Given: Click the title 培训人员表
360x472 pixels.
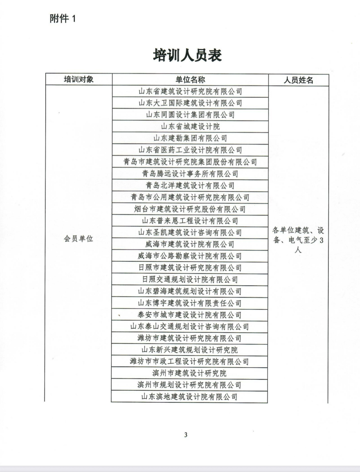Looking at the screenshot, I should click(x=187, y=56).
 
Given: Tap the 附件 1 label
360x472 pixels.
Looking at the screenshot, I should click(x=62, y=19).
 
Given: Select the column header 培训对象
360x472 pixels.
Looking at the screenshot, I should click(x=79, y=79).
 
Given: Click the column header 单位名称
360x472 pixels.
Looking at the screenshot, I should click(x=190, y=80).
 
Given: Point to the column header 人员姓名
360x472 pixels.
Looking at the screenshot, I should click(x=298, y=80).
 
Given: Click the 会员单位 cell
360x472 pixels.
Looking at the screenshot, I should click(x=78, y=239).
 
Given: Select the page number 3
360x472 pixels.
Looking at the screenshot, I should click(x=186, y=435).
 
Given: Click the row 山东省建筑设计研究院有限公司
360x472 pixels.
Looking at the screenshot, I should click(x=190, y=91).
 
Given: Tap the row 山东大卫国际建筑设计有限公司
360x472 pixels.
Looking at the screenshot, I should click(x=190, y=103).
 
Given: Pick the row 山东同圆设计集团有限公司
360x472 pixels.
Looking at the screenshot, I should click(x=190, y=115).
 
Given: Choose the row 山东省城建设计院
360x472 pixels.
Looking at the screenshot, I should click(x=190, y=126).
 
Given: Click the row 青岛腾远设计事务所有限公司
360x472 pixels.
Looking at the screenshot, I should click(x=190, y=174).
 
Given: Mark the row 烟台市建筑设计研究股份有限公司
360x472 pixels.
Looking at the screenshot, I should click(x=190, y=209).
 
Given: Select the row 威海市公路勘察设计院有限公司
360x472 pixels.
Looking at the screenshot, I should click(x=190, y=256).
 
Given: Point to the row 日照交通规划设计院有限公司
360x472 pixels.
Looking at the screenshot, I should click(x=190, y=280).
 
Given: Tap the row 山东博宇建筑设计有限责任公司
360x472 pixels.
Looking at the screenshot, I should click(x=190, y=303).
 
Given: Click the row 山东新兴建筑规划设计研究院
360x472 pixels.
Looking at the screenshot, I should click(x=190, y=350).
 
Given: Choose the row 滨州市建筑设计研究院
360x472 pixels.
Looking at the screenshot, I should click(x=190, y=373).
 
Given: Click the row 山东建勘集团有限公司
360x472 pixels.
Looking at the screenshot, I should click(x=190, y=138).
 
